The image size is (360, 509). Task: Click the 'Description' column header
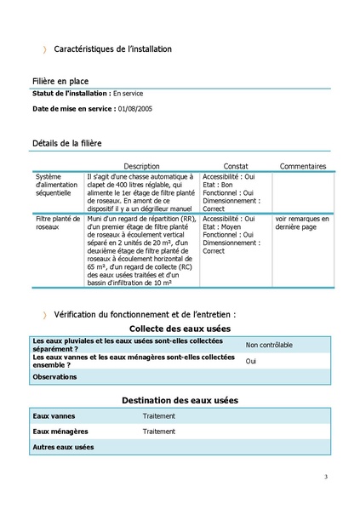pos(141,166)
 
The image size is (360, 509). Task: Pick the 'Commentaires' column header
pos(302,166)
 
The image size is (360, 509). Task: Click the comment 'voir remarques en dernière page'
pos(301,223)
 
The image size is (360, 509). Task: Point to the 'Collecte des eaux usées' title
pos(180,328)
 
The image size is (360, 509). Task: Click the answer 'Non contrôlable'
pos(269,345)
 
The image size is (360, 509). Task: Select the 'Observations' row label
pos(54,376)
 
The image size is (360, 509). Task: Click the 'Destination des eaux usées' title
pos(180,399)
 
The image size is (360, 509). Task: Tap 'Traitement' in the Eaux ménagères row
pos(159,432)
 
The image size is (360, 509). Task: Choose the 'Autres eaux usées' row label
pos(62,447)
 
